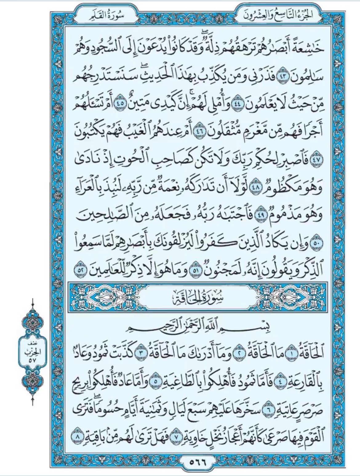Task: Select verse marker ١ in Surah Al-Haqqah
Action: click(290, 354)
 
